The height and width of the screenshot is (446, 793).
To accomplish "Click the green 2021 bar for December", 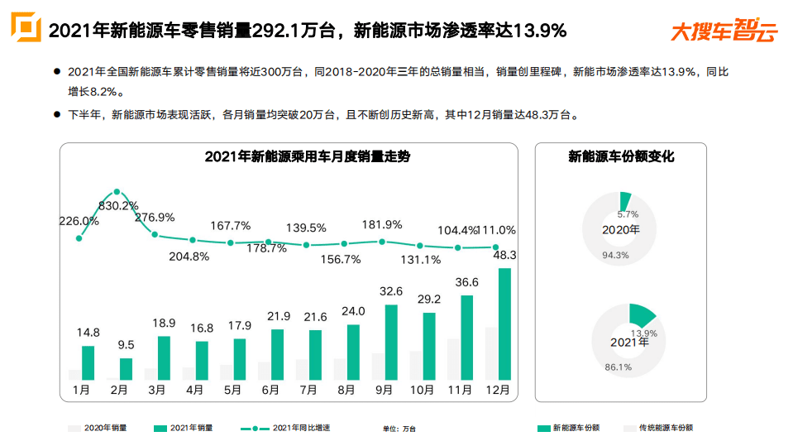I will tap(504, 324).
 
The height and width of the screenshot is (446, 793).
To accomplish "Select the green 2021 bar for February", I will tap(126, 368).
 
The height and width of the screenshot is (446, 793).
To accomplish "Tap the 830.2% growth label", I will tap(118, 205).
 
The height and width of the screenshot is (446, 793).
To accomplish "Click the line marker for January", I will tap(79, 238).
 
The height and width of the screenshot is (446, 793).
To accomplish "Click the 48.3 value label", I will tap(504, 256).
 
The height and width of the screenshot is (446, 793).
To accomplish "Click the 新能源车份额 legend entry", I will tap(568, 428).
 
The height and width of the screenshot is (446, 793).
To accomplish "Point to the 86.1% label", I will tap(618, 367).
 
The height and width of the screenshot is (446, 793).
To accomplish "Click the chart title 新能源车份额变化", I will tap(621, 156).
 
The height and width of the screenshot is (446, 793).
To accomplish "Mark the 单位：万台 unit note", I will tap(399, 429).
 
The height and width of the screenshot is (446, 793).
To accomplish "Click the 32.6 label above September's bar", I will tap(390, 291).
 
